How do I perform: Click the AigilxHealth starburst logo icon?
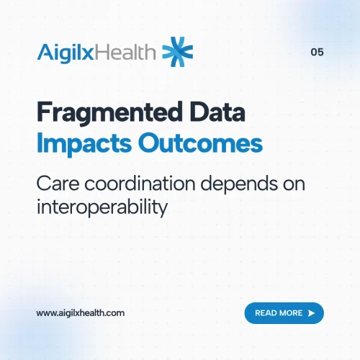tap(178, 51)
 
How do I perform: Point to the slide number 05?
tap(317, 52)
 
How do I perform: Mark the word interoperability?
tap(102, 207)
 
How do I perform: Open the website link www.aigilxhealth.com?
tap(81, 313)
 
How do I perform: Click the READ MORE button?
tap(284, 313)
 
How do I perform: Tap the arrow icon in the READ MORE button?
tap(311, 313)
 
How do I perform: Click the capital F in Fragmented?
tap(42, 114)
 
